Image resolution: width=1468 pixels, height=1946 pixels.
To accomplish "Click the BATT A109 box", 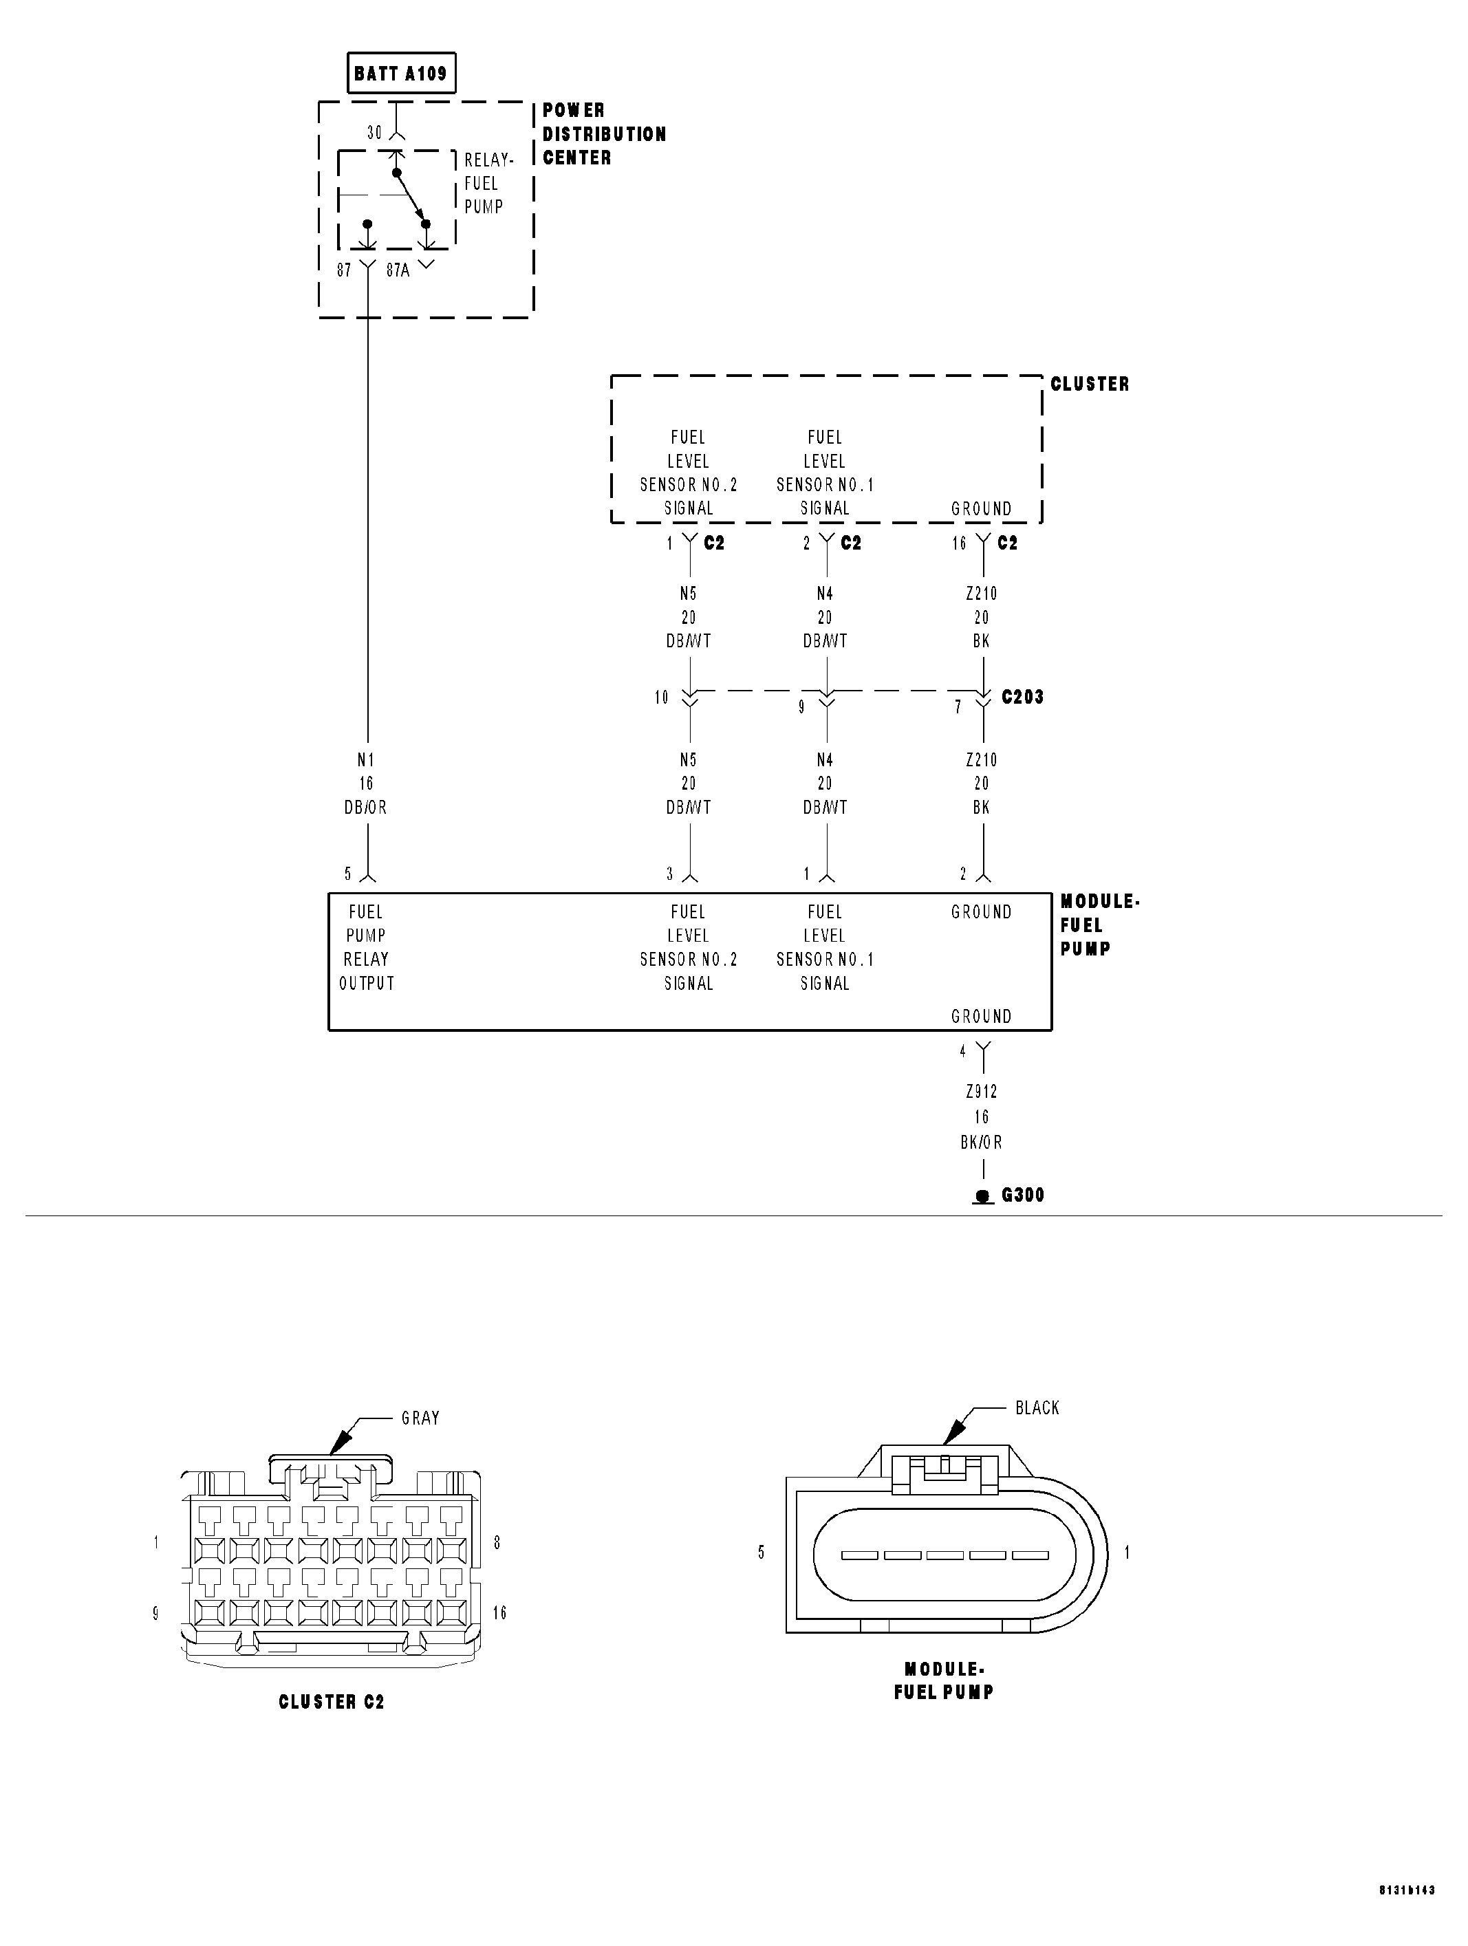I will [401, 73].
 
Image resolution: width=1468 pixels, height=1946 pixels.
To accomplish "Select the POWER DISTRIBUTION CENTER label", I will [603, 133].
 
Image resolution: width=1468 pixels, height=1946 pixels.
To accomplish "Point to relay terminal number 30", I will [375, 133].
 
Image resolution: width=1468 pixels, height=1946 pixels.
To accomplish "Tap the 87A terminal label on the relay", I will [398, 270].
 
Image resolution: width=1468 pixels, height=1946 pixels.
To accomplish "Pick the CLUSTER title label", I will [1090, 384].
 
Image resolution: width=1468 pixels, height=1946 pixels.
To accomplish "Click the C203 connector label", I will [1022, 697].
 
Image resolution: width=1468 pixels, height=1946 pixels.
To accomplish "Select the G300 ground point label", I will [1022, 1195].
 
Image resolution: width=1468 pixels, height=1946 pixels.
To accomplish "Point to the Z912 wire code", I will [982, 1092].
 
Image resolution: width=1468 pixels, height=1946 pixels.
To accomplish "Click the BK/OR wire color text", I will [982, 1142].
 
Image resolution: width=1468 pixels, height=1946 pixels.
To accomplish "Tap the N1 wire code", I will [366, 759].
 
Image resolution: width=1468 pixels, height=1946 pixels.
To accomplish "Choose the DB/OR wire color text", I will [366, 807].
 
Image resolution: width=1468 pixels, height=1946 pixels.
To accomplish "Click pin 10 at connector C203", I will [662, 698].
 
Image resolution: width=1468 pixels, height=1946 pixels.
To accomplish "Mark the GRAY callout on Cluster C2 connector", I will [420, 1417].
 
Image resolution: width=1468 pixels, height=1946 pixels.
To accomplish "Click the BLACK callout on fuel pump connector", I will [1037, 1407].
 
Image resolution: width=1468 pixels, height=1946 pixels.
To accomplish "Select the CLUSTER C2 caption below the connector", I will [332, 1701].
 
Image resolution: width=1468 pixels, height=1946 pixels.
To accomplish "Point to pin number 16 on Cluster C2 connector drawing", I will [499, 1612].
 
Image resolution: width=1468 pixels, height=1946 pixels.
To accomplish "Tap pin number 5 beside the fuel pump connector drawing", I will [761, 1553].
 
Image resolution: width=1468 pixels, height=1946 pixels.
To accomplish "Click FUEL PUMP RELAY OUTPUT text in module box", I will [366, 947].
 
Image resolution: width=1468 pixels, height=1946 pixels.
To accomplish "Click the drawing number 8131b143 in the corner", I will [1406, 1914].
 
